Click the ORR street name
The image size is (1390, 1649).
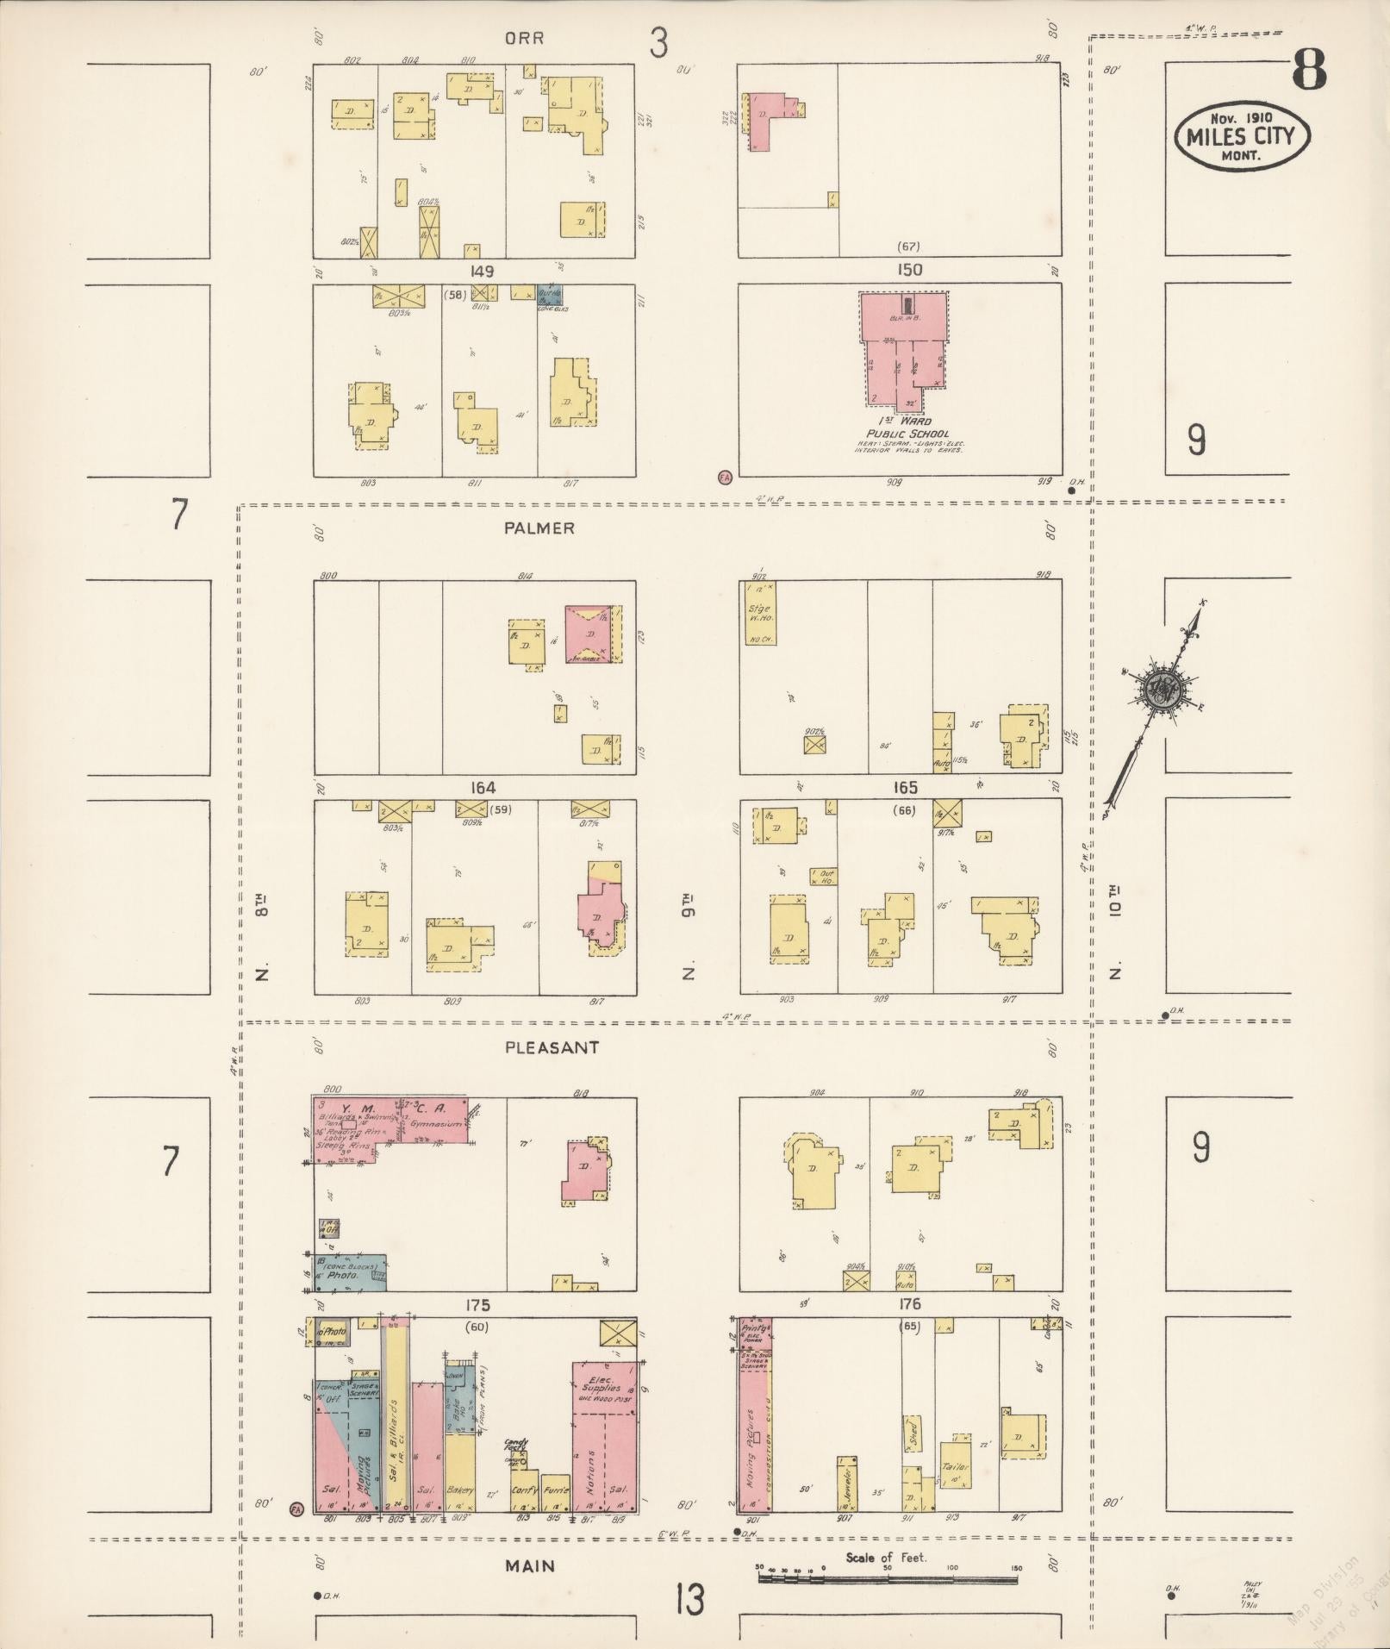coord(524,39)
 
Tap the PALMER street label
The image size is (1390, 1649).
coord(539,528)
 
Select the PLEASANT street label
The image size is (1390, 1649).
coord(552,1047)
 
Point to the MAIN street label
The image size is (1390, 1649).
coord(530,1566)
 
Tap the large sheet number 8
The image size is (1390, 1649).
coord(1308,69)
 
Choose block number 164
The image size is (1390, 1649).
coord(483,788)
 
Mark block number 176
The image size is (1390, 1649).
coord(909,1304)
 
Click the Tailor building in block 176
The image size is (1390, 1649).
coord(955,1465)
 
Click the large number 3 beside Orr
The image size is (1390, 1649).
coord(658,42)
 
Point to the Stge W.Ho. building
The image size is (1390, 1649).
coord(759,613)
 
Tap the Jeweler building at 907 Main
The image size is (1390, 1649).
coord(846,1484)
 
